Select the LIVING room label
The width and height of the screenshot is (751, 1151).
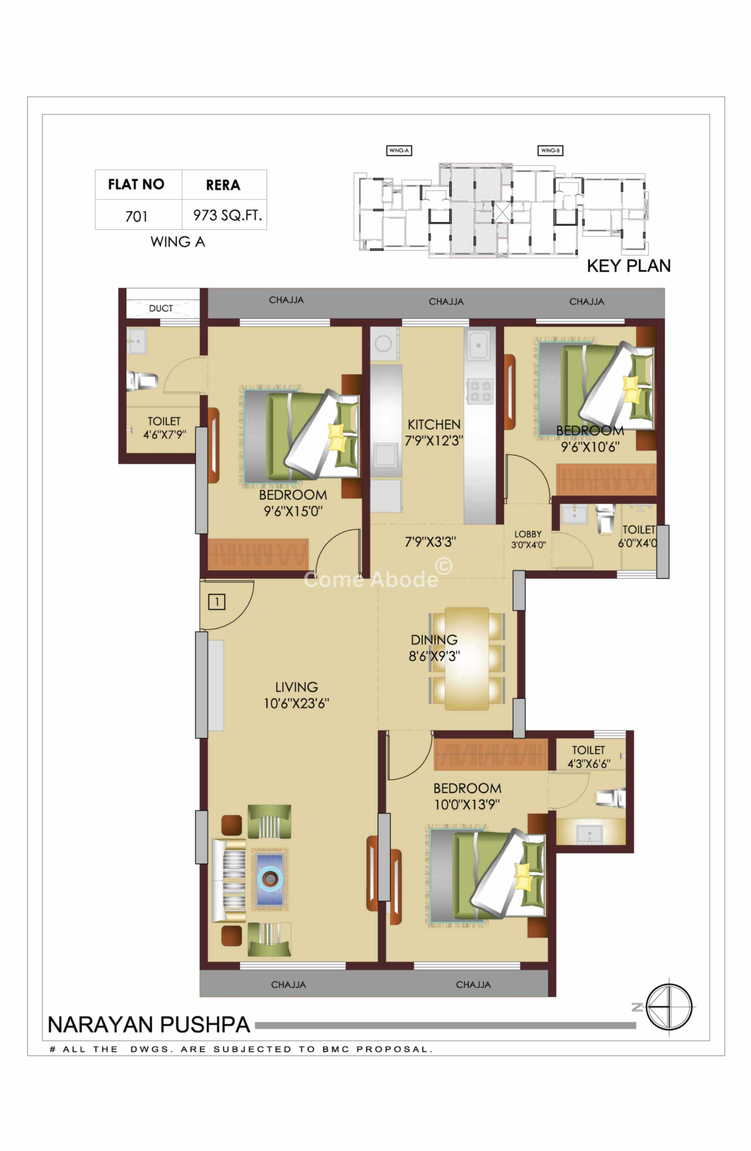[x=296, y=687]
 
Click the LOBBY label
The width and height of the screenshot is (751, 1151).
[x=528, y=534]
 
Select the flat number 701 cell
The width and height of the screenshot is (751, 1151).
[x=136, y=216]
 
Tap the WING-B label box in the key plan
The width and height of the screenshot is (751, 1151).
[x=550, y=150]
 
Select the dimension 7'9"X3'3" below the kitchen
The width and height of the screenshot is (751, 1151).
[x=430, y=542]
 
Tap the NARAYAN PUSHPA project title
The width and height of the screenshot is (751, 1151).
[x=149, y=1024]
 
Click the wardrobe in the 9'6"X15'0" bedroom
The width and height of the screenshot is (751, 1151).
[x=258, y=554]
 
